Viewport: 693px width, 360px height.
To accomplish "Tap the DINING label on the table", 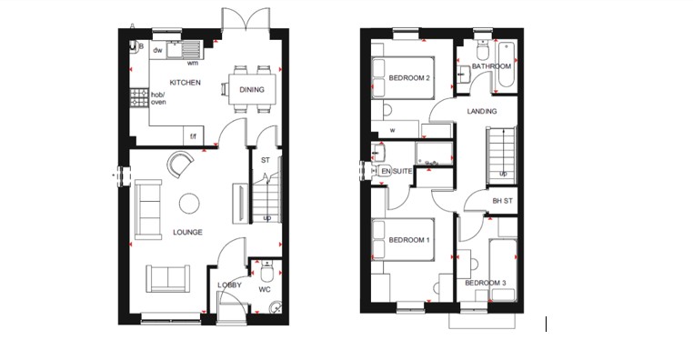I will [252, 89].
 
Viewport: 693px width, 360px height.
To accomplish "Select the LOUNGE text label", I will [187, 233].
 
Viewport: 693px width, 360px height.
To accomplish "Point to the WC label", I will [265, 290].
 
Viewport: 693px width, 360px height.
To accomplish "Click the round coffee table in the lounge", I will [189, 203].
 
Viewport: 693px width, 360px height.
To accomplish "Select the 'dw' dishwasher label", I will [157, 51].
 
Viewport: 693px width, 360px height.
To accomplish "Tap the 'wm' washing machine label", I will [193, 63].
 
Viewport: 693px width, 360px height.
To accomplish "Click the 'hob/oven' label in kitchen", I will [158, 98].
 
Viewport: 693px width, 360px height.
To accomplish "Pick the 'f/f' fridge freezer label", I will [193, 137].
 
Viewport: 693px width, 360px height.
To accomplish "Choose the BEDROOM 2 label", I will [408, 78].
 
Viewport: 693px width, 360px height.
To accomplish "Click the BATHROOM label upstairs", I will [491, 66].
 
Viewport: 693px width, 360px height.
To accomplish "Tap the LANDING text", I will [481, 111].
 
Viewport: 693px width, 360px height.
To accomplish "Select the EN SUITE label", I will [397, 170].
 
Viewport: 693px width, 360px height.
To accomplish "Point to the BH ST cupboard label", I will [502, 201].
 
